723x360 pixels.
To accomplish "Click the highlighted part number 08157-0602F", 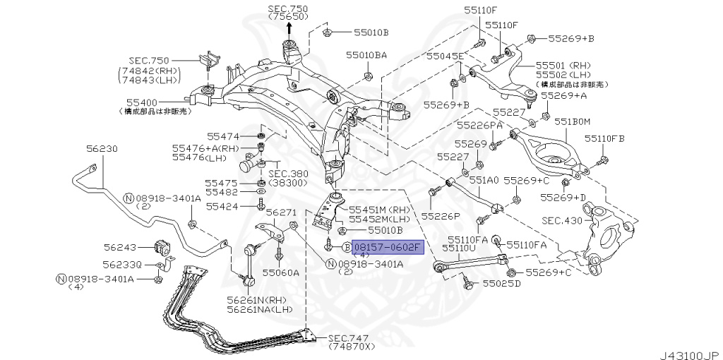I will click(x=388, y=247).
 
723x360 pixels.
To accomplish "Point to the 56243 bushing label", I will click(x=119, y=247).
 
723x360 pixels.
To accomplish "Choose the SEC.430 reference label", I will click(x=562, y=221).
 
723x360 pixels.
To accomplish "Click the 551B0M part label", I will click(x=571, y=121).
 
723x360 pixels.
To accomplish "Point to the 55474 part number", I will click(x=223, y=136).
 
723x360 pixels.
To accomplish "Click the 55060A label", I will click(x=280, y=272).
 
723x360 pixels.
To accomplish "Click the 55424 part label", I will click(x=222, y=207).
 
